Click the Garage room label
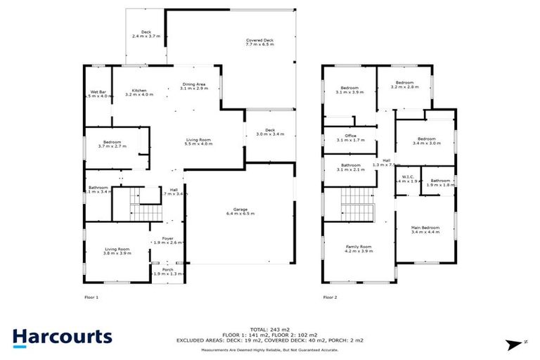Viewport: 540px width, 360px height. (244, 211)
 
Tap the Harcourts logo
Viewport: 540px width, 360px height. (62, 336)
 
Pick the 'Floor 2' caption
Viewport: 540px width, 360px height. (330, 297)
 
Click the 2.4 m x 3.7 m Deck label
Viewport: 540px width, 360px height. (146, 34)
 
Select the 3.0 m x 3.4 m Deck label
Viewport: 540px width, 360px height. (270, 131)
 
